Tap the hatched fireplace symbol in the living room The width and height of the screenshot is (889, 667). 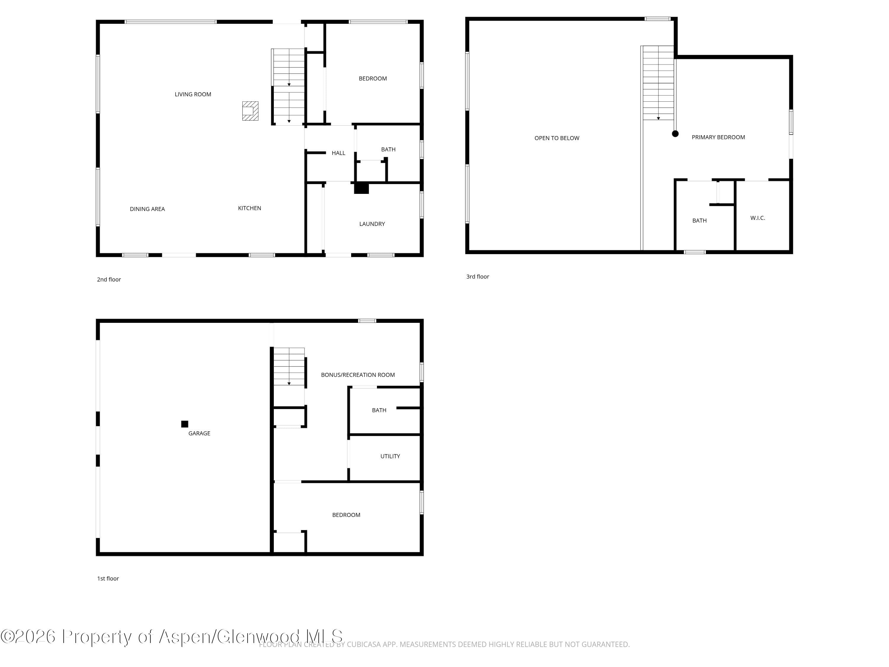[250, 111]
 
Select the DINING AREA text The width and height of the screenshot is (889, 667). [147, 209]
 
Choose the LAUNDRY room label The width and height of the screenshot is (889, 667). [372, 224]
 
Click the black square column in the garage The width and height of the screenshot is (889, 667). [185, 424]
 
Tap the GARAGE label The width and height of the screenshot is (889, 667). [199, 433]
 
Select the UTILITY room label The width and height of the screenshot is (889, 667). [390, 456]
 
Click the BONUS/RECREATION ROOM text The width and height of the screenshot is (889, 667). [358, 375]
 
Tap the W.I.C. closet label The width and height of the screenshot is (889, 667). [758, 218]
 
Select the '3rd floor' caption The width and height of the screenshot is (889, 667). [477, 277]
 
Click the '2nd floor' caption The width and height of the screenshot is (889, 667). [109, 280]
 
